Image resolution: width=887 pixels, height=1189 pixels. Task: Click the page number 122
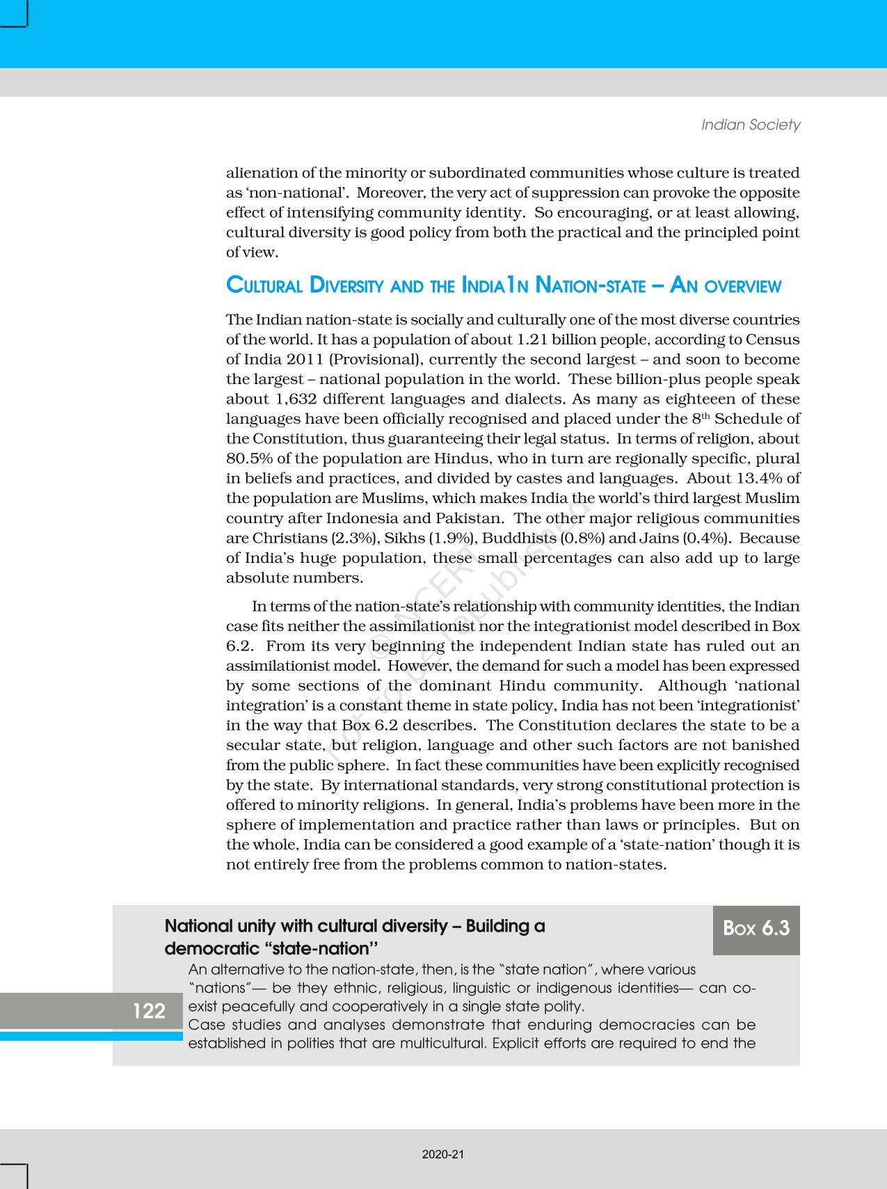149,1010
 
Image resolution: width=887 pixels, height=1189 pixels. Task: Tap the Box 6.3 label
756,928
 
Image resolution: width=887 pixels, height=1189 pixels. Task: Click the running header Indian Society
751,125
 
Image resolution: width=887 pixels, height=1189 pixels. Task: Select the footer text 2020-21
443,1154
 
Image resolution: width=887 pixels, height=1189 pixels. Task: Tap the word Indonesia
362,518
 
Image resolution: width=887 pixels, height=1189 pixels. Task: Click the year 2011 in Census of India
304,360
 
